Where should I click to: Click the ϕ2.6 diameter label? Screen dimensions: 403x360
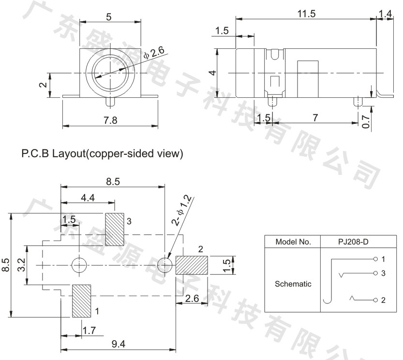[154, 53]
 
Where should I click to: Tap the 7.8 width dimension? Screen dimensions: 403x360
[110, 120]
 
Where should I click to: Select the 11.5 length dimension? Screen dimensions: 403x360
[306, 14]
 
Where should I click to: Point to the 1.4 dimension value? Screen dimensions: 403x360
[385, 14]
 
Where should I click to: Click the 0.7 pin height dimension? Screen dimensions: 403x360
[365, 121]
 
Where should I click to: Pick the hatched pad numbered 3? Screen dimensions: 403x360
[115, 229]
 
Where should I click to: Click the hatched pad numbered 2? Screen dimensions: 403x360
[192, 265]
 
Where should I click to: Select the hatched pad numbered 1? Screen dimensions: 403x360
[81, 301]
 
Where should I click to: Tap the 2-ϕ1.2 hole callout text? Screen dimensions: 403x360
[182, 210]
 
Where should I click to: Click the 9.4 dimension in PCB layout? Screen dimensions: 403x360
[119, 344]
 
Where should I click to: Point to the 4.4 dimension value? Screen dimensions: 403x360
[88, 198]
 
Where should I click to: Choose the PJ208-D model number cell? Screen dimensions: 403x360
[353, 242]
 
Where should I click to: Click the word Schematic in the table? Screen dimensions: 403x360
[293, 284]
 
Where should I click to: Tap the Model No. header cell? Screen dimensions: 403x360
[293, 242]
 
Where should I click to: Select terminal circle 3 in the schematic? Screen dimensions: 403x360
[375, 273]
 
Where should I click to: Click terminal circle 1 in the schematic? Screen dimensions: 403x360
[375, 259]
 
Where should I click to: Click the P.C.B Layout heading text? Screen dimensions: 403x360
[102, 153]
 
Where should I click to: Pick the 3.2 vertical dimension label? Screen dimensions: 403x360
[22, 265]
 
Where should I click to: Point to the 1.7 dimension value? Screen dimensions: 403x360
[89, 330]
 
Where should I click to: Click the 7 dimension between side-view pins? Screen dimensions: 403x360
[315, 118]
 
